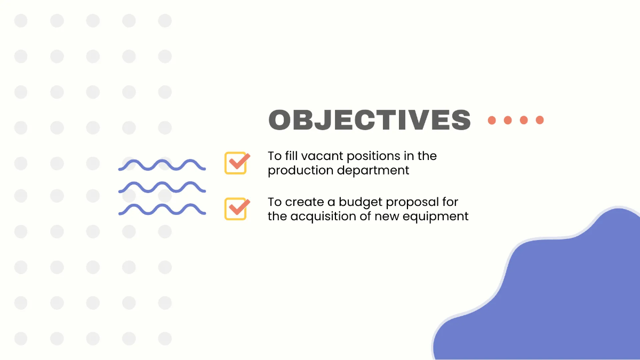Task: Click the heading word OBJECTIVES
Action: click(370, 120)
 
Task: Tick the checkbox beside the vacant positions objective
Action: click(236, 163)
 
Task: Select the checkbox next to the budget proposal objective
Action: click(236, 209)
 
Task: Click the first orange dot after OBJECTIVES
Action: click(492, 120)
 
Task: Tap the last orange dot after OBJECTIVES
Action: click(540, 120)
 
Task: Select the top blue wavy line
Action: click(162, 165)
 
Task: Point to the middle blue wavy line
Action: click(162, 187)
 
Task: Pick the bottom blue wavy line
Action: click(162, 209)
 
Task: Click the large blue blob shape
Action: click(560, 299)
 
